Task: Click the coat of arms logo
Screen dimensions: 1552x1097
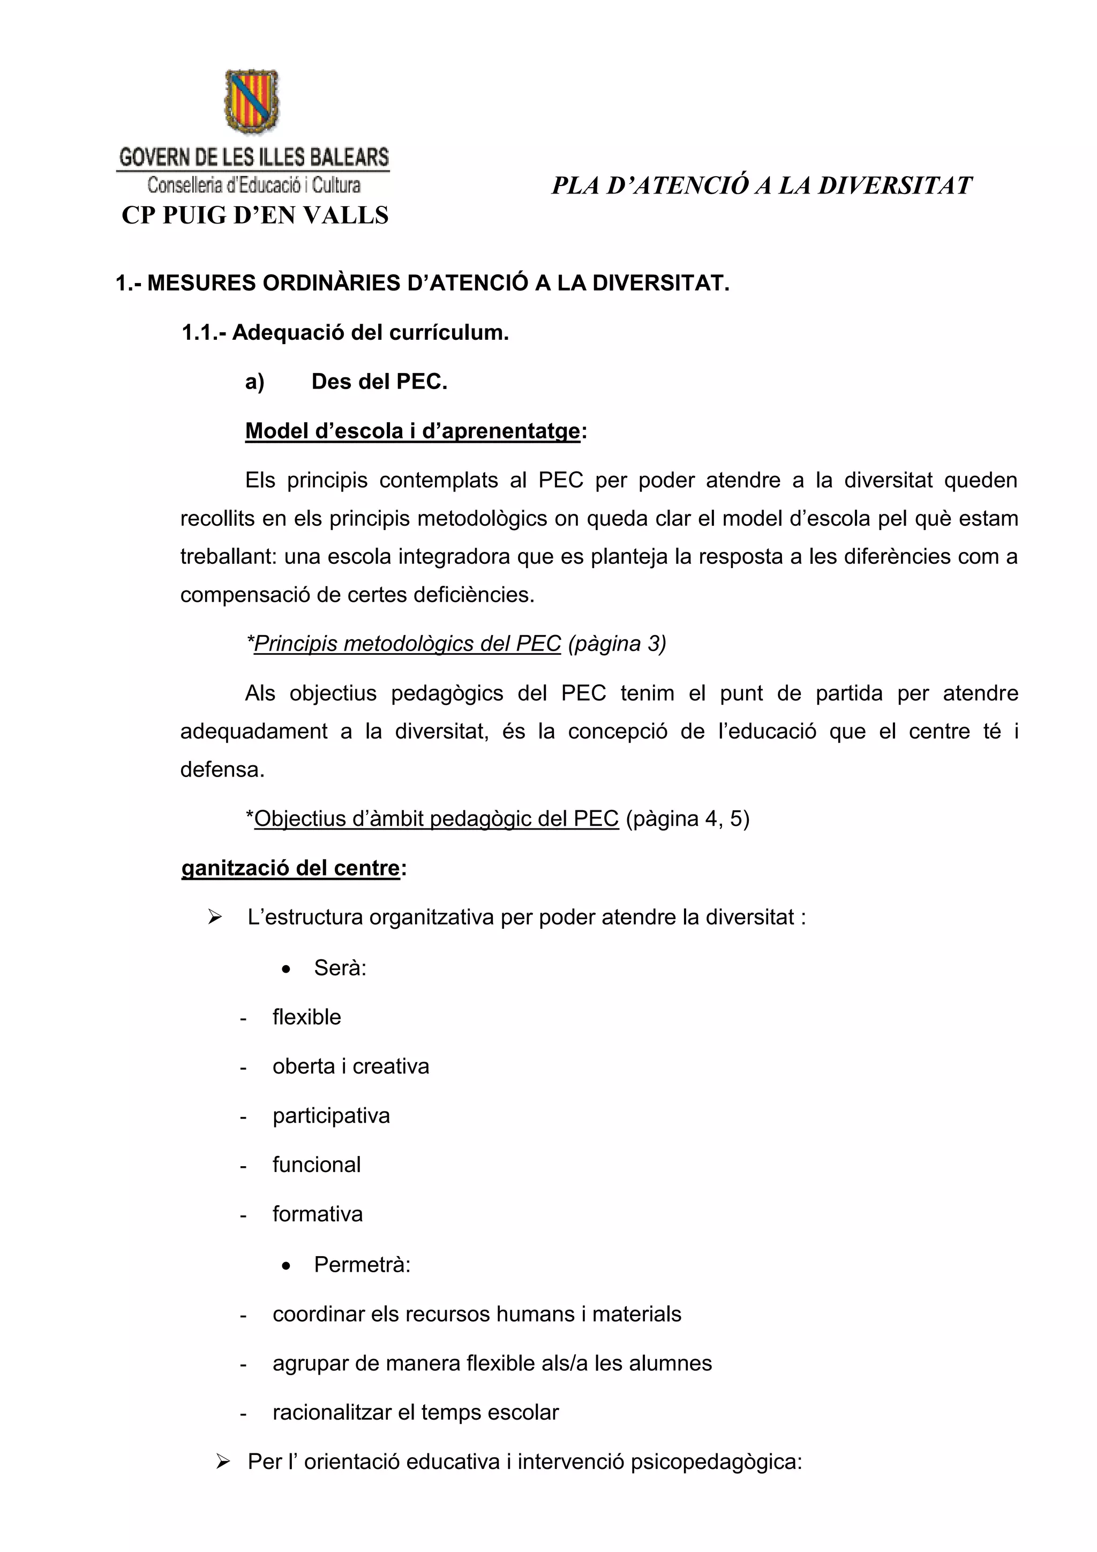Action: coord(251,101)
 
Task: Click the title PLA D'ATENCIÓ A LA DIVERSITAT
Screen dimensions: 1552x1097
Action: coord(761,186)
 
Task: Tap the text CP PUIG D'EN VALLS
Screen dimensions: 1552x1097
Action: coord(254,215)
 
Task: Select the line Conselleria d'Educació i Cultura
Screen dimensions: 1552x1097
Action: coord(254,184)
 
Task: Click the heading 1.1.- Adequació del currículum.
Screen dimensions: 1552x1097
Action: coord(344,333)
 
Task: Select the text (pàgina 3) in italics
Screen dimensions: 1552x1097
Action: coord(617,644)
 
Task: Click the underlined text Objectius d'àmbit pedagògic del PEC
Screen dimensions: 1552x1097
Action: coord(437,818)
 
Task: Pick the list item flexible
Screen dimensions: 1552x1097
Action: coord(307,1017)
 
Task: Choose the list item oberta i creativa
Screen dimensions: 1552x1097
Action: coord(351,1066)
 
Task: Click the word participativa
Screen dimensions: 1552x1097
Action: coord(331,1116)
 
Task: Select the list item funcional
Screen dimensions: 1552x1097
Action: coord(316,1165)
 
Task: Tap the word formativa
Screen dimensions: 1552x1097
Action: coord(318,1214)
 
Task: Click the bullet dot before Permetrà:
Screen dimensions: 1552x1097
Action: coord(287,1265)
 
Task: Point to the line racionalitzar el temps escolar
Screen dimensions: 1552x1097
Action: coord(416,1412)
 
